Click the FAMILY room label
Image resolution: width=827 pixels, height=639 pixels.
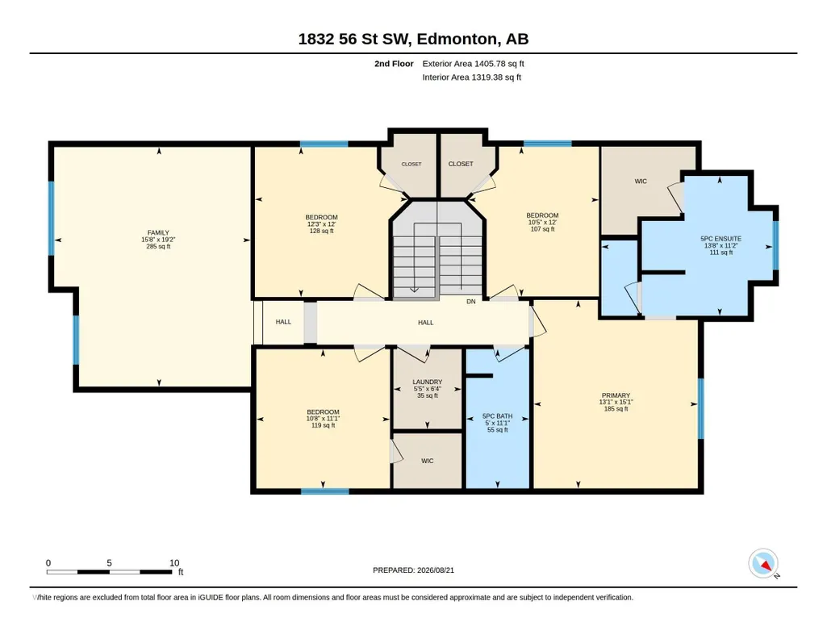point(158,232)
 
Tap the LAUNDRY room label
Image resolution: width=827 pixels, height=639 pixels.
point(427,382)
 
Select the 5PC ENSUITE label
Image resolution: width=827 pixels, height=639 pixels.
point(721,239)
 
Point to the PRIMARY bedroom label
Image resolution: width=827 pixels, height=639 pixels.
point(616,395)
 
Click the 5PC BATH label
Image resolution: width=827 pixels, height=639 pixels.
point(497,416)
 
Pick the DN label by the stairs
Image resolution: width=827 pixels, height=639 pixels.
point(471,302)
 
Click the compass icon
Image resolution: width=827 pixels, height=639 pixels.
point(763,564)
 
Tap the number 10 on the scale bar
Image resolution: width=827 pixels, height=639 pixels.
point(174,563)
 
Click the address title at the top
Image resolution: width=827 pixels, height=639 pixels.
point(413,39)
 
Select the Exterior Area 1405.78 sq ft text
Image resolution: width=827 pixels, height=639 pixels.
point(473,64)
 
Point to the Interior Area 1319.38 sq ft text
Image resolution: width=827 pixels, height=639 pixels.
point(471,77)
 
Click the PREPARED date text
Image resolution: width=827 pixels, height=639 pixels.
point(413,570)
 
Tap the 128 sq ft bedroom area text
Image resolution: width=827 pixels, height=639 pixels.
point(321,231)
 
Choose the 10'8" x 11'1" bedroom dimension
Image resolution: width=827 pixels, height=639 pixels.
point(324,419)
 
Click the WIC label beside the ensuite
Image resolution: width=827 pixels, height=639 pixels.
point(641,182)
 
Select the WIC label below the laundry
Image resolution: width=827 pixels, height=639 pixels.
point(427,461)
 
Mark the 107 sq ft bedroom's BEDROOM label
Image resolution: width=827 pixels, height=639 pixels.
point(542,215)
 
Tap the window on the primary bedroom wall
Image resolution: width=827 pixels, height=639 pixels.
point(701,408)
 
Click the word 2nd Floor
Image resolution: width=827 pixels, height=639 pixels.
point(394,64)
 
